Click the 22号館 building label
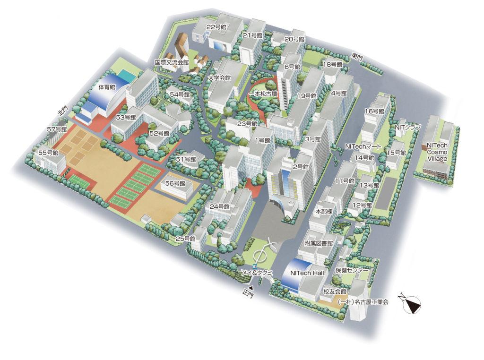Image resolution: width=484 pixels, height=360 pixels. [x=216, y=27]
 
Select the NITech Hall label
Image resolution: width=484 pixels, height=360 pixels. [x=307, y=273]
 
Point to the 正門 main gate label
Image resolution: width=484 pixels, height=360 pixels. [x=248, y=294]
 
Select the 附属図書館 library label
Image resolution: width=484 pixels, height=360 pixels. [x=319, y=243]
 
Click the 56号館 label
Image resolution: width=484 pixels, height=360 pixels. [x=176, y=183]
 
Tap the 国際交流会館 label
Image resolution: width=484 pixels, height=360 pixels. [x=172, y=62]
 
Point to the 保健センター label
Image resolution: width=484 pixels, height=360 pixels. [x=352, y=271]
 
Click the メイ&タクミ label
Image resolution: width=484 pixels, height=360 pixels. [x=255, y=273]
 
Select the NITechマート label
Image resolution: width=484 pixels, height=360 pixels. [x=363, y=147]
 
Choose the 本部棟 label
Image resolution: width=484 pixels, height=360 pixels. [x=324, y=212]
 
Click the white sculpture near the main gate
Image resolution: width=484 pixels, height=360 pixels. [x=263, y=251]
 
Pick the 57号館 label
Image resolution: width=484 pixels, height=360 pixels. [x=57, y=129]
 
